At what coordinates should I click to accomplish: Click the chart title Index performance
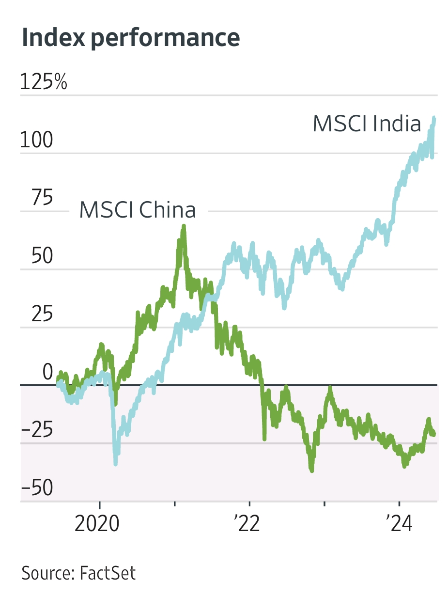[131, 38]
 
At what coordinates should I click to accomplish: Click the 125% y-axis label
[44, 82]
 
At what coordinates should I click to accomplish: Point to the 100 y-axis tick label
[36, 141]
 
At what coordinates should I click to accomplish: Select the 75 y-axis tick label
[42, 198]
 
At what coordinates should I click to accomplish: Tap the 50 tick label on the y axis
[42, 256]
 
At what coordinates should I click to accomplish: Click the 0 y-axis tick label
[47, 372]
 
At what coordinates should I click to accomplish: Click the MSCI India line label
[367, 124]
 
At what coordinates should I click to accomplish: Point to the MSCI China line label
[138, 210]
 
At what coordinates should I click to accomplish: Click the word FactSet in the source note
[108, 573]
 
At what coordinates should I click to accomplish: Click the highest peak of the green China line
[184, 226]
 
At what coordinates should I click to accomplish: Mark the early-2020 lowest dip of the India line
[115, 464]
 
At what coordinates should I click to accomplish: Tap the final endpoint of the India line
[434, 118]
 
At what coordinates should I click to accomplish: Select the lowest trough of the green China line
[311, 470]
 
